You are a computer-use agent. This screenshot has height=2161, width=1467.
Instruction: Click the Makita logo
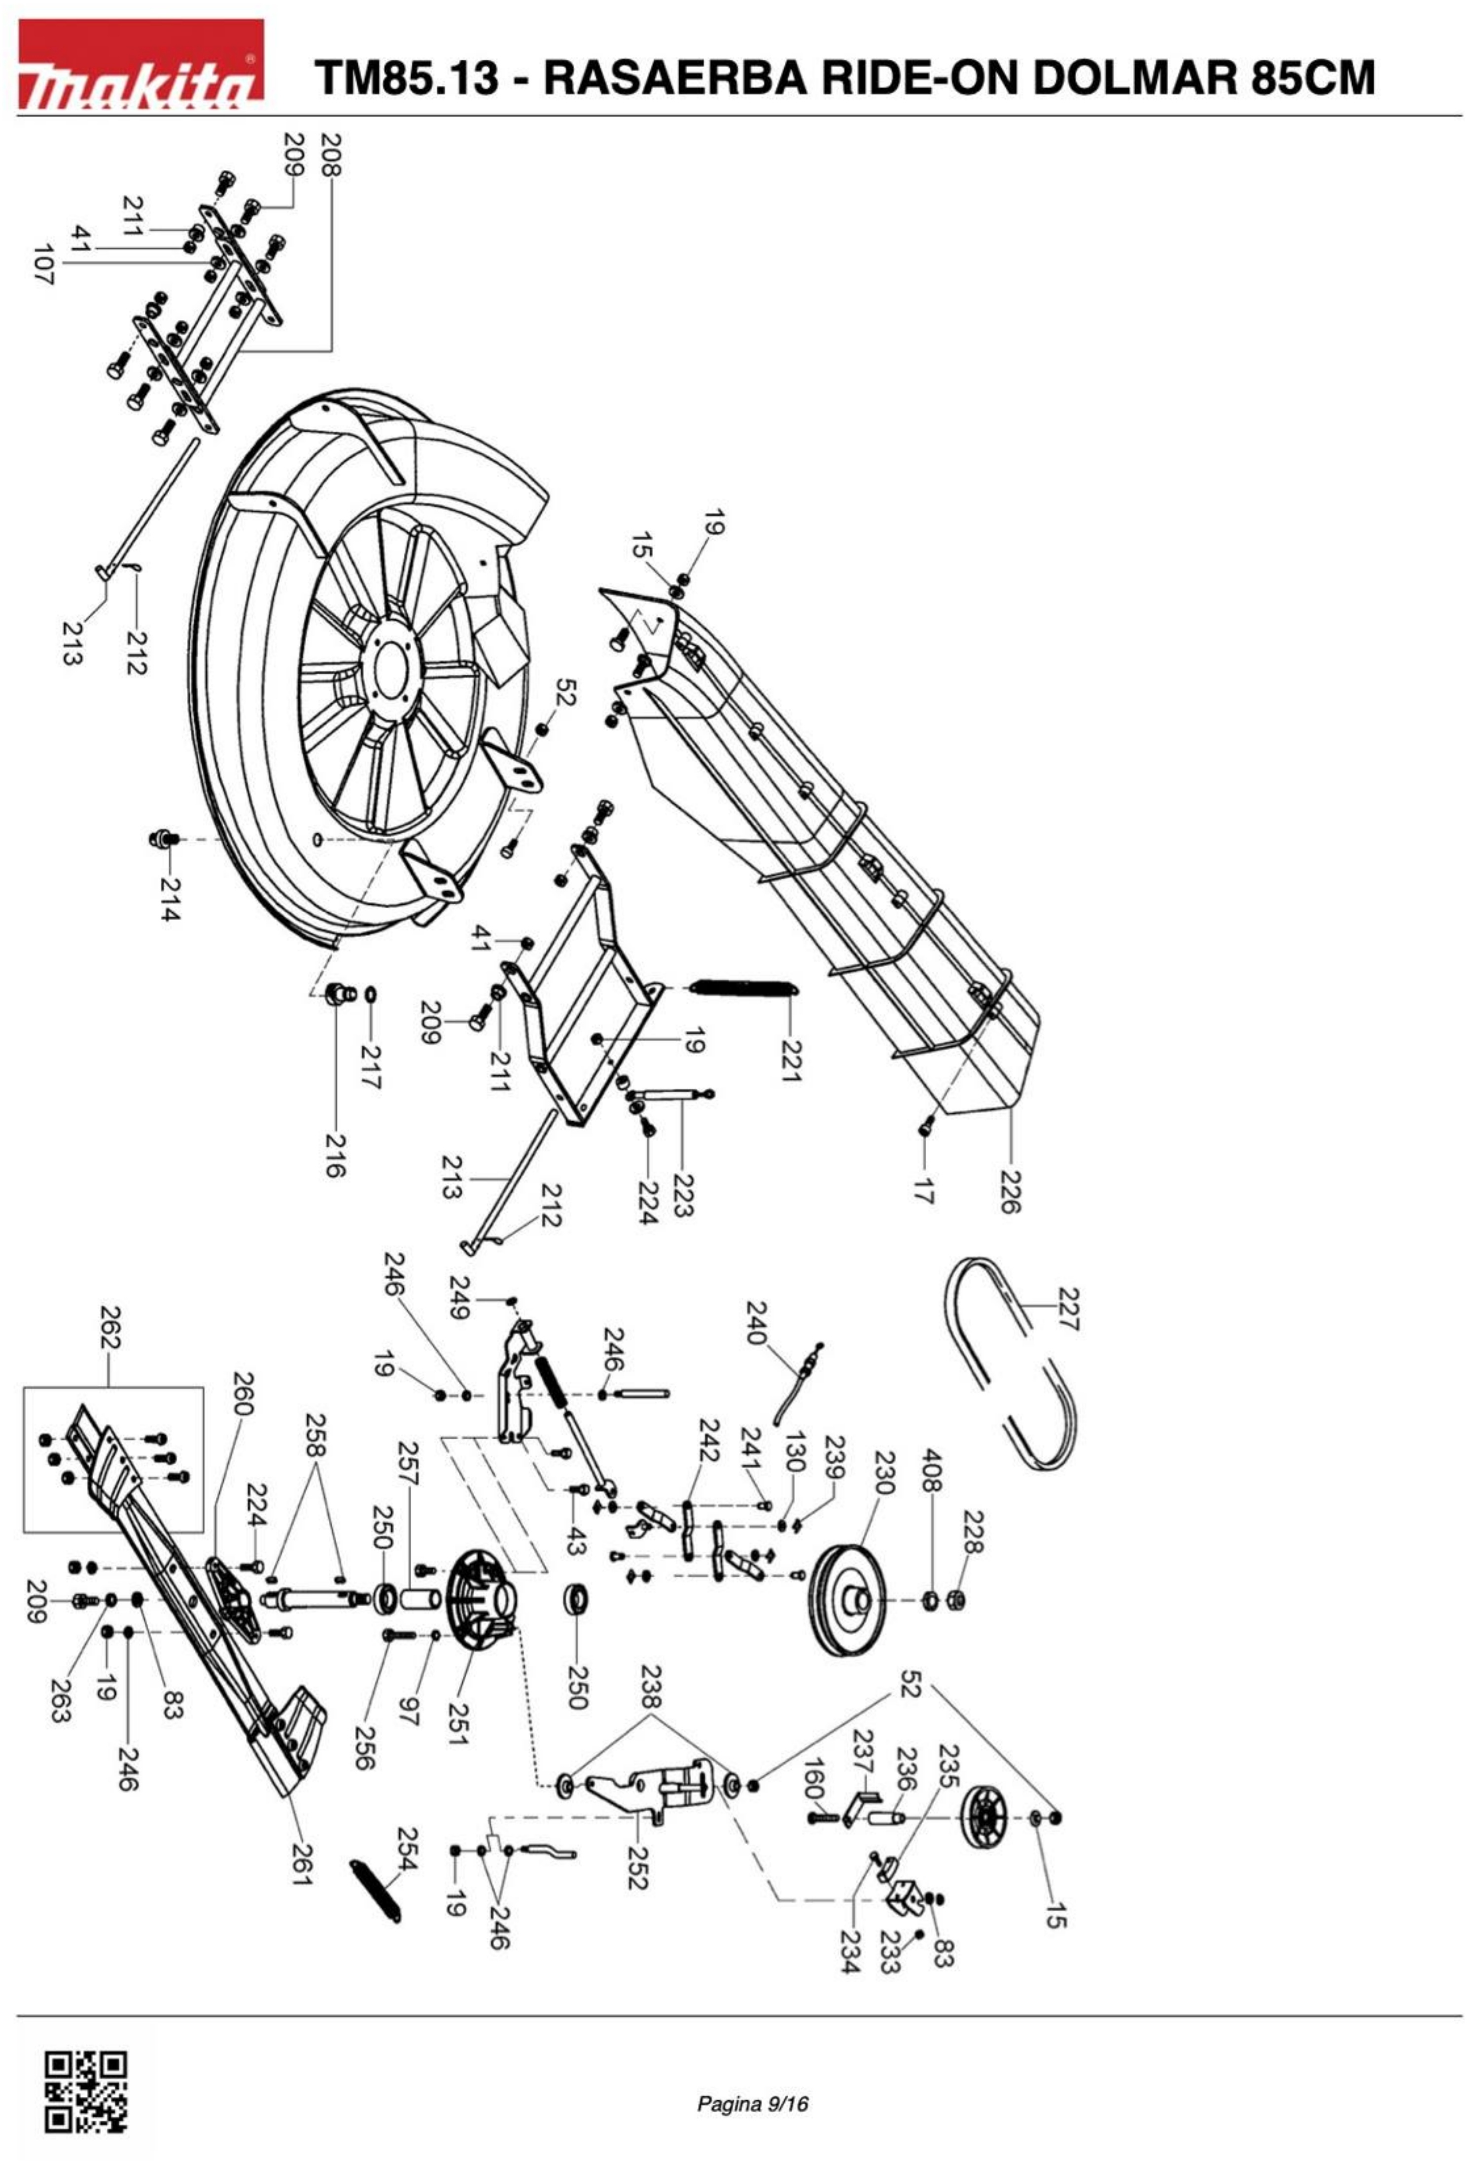pyautogui.click(x=141, y=63)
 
